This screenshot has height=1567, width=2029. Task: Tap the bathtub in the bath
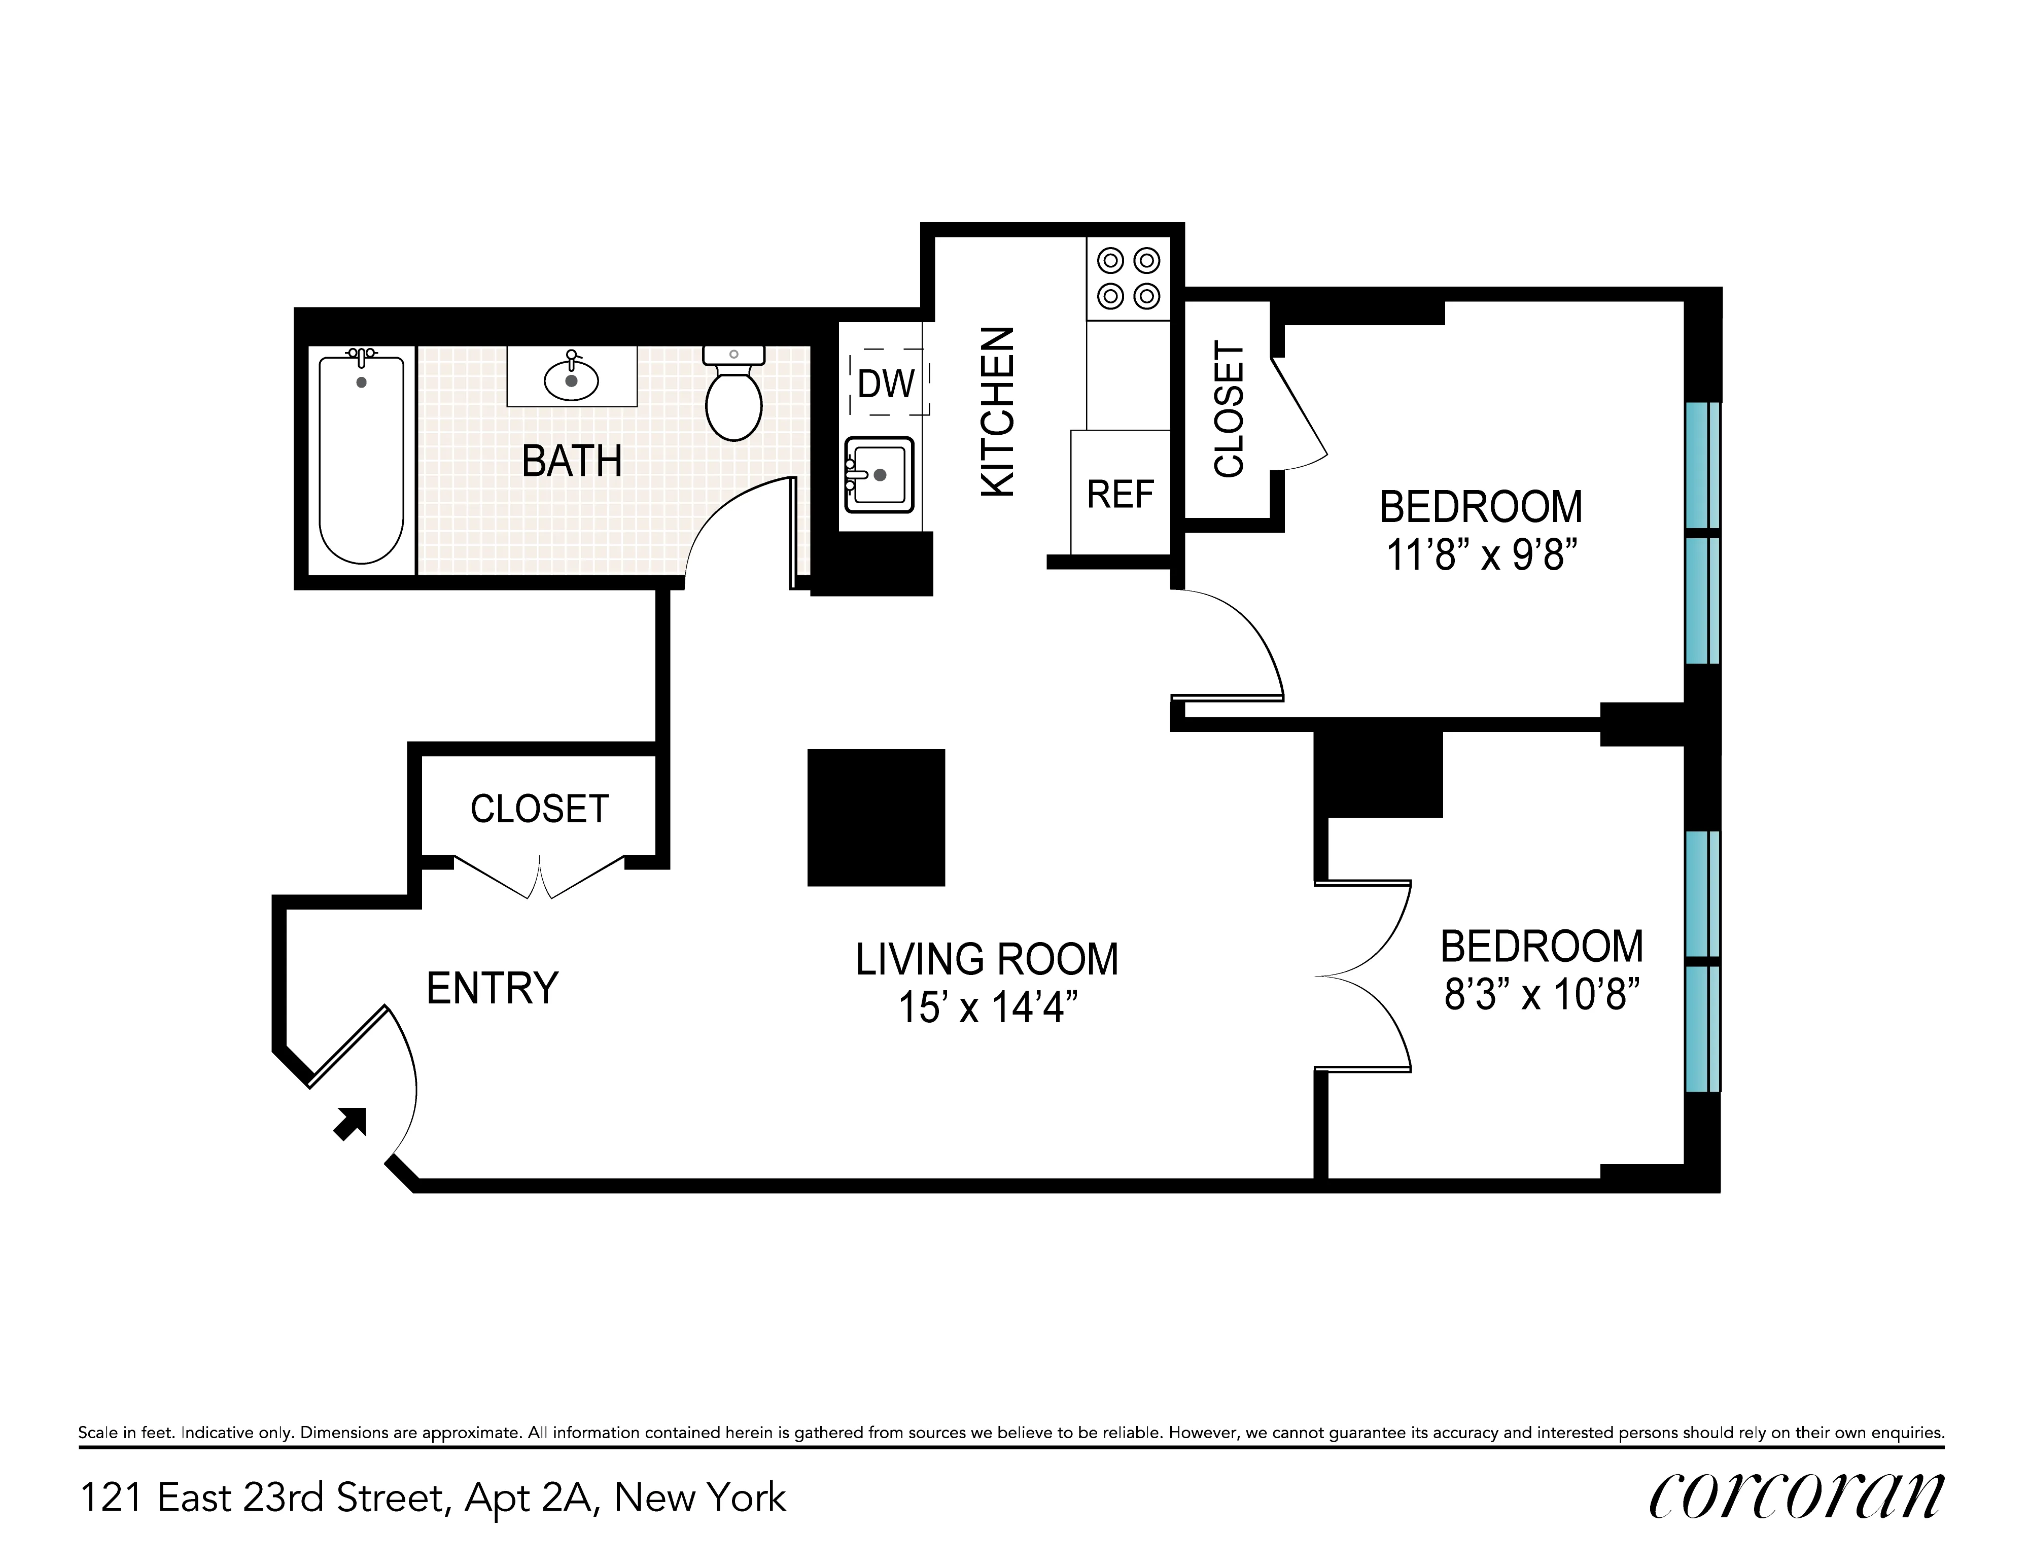point(361,460)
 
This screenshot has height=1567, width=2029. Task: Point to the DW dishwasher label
point(885,384)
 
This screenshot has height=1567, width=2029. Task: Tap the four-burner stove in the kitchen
point(1128,277)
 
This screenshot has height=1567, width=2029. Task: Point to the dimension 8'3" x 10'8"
point(1541,996)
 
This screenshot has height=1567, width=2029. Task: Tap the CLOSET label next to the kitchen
point(1228,409)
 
